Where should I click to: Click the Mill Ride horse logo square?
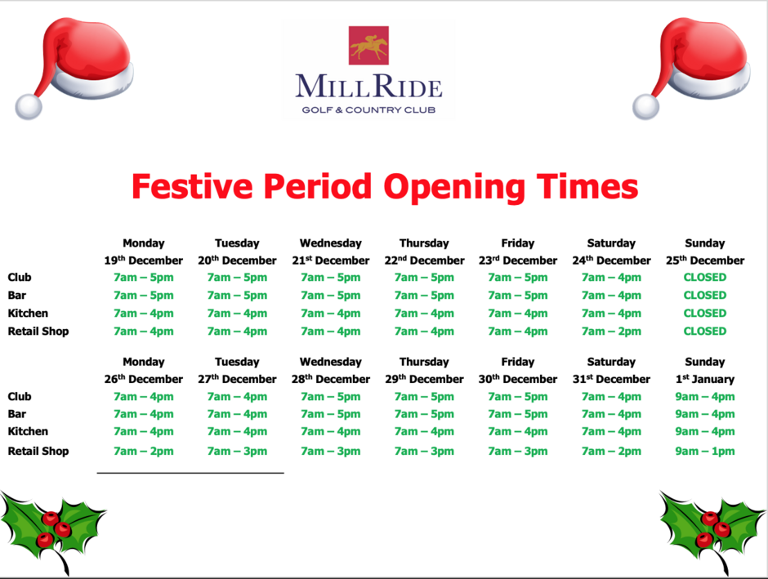click(368, 46)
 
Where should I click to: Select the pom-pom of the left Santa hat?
click(29, 106)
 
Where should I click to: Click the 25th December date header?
click(704, 261)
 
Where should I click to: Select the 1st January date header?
click(704, 379)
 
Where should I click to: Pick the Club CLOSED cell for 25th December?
click(704, 278)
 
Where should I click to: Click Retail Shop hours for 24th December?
click(611, 332)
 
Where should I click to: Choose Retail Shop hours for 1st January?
click(704, 451)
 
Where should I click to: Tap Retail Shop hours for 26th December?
click(144, 451)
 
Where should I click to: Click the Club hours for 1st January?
click(704, 397)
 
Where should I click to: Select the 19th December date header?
click(144, 261)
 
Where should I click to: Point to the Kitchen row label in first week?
click(28, 314)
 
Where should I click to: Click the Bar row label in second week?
click(17, 414)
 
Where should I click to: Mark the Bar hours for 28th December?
click(330, 414)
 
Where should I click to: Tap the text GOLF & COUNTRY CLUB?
click(368, 109)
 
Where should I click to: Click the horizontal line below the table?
click(190, 473)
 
